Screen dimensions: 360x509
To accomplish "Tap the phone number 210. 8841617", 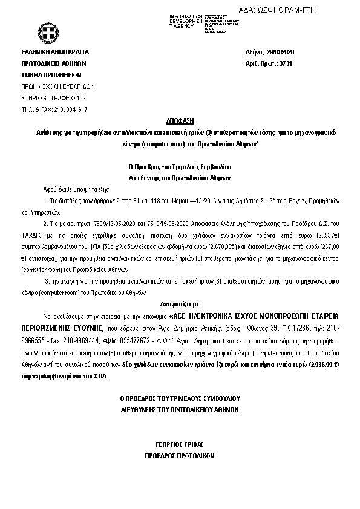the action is [71, 109].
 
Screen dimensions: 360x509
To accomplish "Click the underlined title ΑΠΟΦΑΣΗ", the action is [180, 121].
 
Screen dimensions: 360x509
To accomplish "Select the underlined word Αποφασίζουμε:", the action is [180, 304].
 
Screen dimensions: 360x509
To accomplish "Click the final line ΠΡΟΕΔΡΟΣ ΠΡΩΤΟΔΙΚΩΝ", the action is [180, 455].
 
